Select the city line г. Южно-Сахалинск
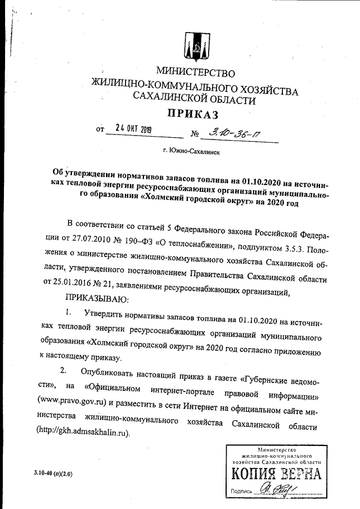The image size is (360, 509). click(x=191, y=151)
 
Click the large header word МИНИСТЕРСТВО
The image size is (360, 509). click(x=195, y=73)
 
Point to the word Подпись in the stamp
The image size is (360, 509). click(x=241, y=491)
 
